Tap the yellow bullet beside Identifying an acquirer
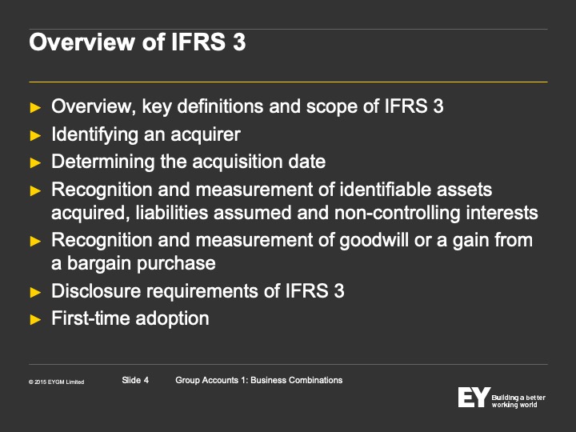[35, 135]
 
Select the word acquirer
[206, 135]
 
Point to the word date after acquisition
[307, 162]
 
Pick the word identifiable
[385, 190]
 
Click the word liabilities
[172, 213]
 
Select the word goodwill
[374, 241]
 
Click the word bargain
[98, 264]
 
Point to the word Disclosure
[96, 291]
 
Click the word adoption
[172, 319]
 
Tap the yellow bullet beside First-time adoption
[35, 319]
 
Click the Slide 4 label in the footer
[135, 380]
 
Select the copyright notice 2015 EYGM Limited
[57, 382]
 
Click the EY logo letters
[474, 397]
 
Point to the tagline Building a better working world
[518, 401]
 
